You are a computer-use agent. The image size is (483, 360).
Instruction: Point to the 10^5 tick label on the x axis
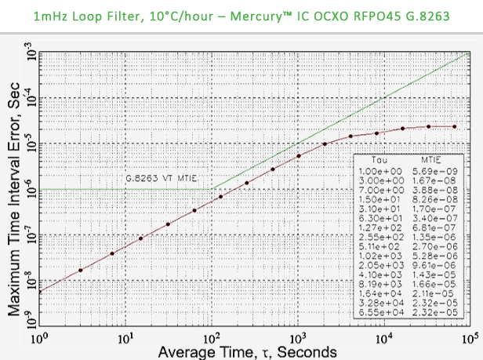469,339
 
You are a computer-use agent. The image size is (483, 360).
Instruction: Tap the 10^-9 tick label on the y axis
29,325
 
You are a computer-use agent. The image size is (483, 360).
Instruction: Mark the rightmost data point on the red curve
455,126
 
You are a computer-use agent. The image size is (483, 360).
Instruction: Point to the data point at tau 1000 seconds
299,155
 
